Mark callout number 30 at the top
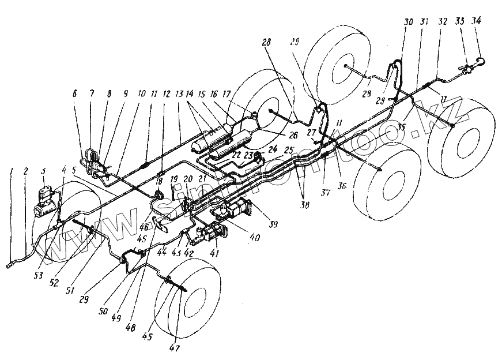point(409,21)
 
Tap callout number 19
point(172,179)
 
